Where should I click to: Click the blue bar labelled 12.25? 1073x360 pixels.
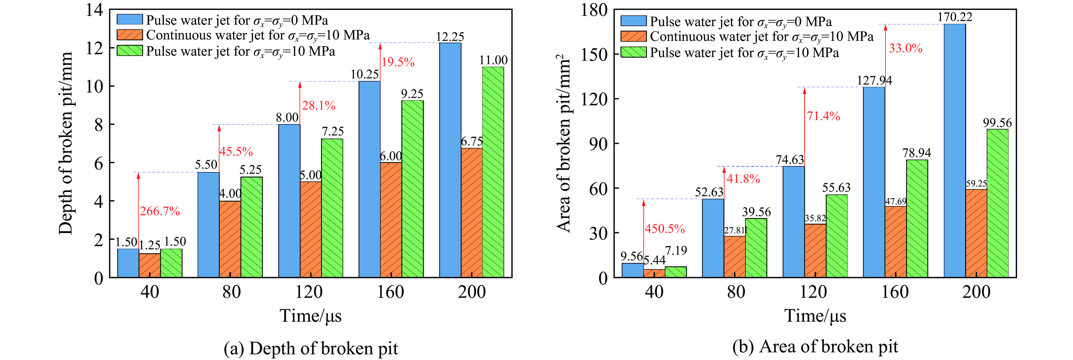click(450, 160)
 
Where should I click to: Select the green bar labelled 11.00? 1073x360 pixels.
click(493, 172)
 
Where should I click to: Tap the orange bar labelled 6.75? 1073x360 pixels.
click(471, 212)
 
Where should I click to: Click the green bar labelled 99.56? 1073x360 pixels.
click(997, 203)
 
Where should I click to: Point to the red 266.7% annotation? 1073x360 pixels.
click(160, 211)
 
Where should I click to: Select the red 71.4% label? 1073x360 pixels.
click(823, 116)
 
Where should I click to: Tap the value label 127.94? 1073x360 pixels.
click(874, 80)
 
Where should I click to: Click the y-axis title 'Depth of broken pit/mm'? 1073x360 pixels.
click(66, 143)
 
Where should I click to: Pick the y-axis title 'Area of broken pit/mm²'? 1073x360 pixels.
click(563, 143)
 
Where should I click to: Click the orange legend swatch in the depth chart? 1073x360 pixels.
click(129, 35)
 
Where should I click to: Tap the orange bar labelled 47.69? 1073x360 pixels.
click(896, 242)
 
